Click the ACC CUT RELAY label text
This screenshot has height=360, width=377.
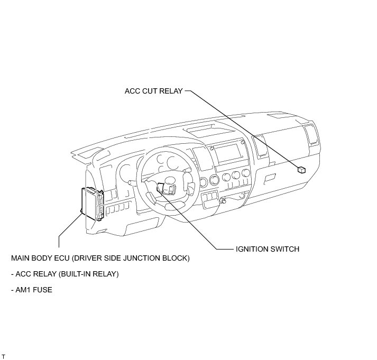(x=153, y=91)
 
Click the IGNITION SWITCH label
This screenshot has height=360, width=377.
(x=267, y=249)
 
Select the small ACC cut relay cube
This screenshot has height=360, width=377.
(x=302, y=170)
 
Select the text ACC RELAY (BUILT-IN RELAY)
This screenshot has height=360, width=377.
(x=65, y=274)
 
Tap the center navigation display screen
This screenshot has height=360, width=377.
(x=229, y=154)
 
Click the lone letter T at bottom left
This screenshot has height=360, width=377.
(x=3, y=357)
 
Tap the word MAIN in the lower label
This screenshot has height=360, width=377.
(x=20, y=259)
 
